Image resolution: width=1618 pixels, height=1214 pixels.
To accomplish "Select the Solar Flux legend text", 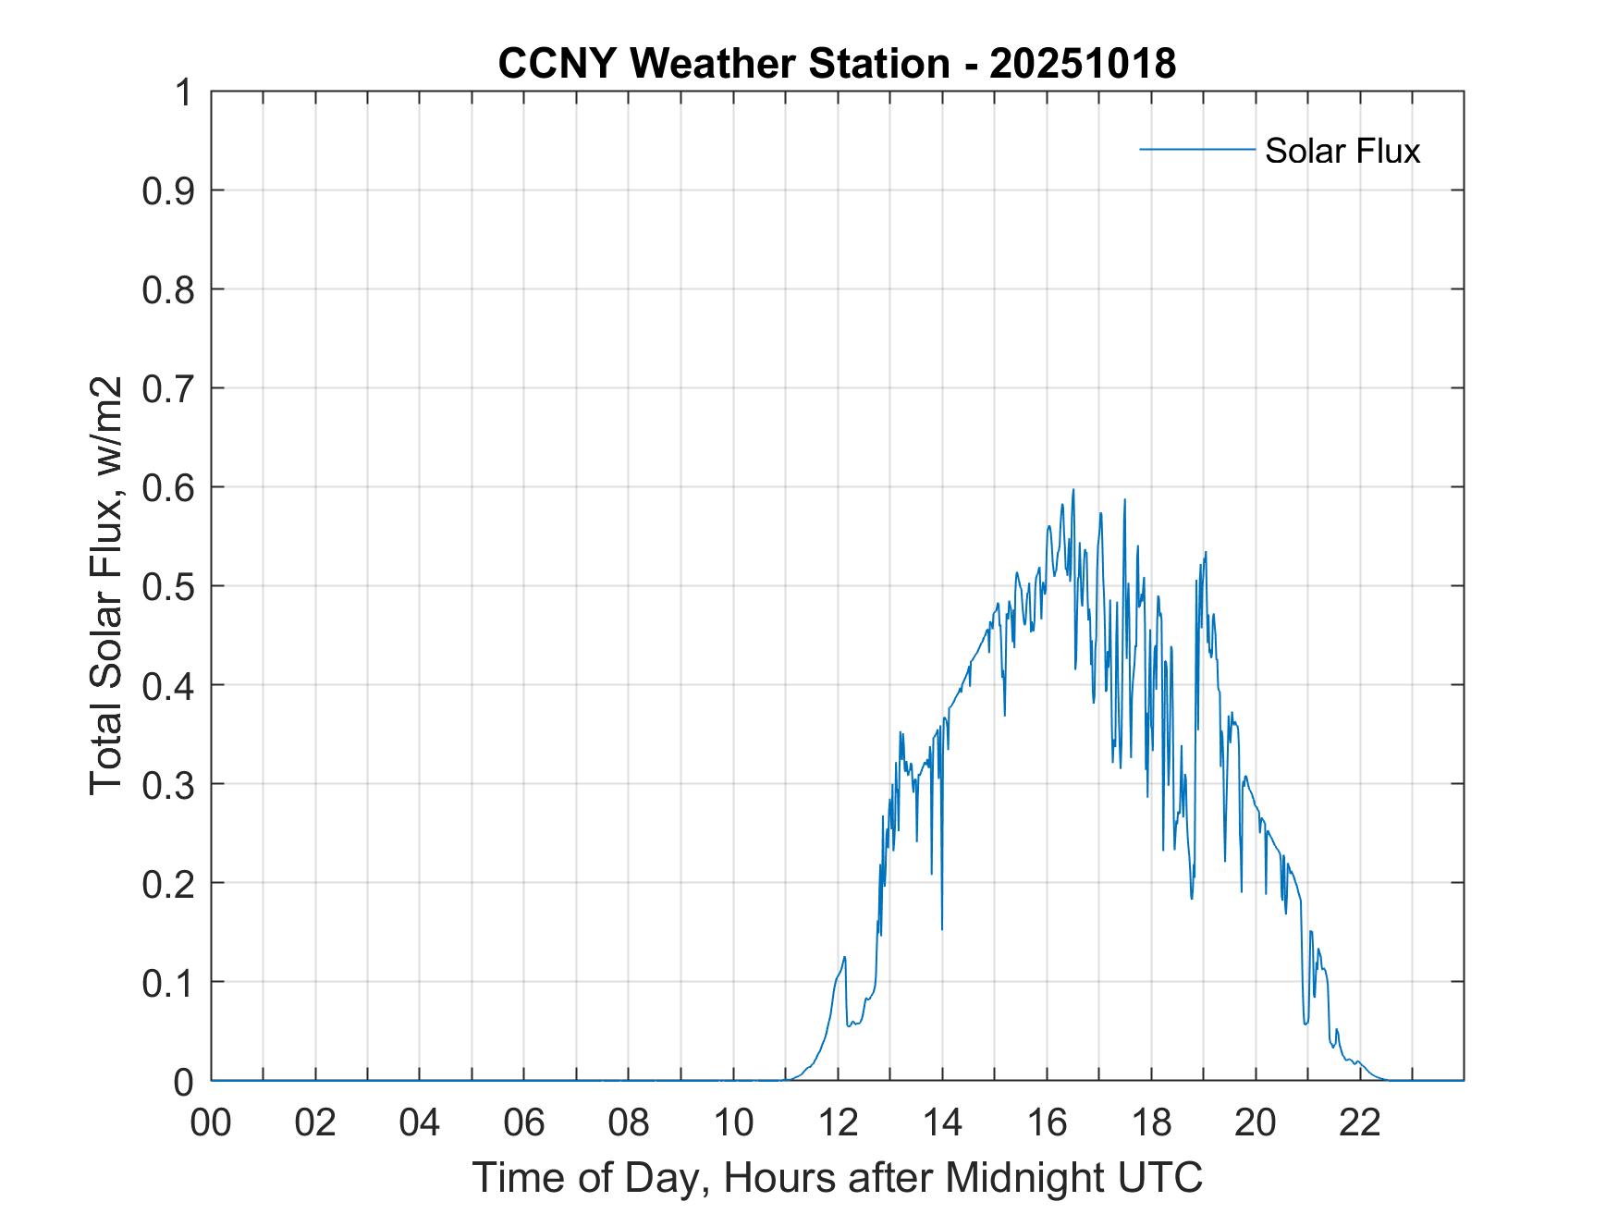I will [1342, 150].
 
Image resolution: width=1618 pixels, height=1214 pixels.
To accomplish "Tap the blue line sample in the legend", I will [1196, 149].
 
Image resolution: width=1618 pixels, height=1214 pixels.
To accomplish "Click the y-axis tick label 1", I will [181, 92].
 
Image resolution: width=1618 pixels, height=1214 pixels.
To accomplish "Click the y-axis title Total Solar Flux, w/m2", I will [106, 585].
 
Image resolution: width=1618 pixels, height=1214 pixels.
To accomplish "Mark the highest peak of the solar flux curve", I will [1073, 490].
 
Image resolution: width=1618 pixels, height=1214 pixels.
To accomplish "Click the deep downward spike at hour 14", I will [942, 927].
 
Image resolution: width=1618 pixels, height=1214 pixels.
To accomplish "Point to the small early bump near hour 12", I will [844, 958].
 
